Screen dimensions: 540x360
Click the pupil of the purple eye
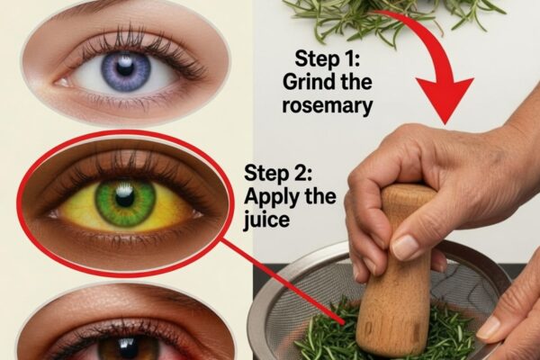coord(125,68)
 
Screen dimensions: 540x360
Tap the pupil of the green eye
coord(125,198)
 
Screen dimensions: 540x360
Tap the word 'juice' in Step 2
coord(266,220)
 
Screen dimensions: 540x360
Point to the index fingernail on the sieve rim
coord(489,327)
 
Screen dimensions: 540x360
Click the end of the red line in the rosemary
coord(343,323)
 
